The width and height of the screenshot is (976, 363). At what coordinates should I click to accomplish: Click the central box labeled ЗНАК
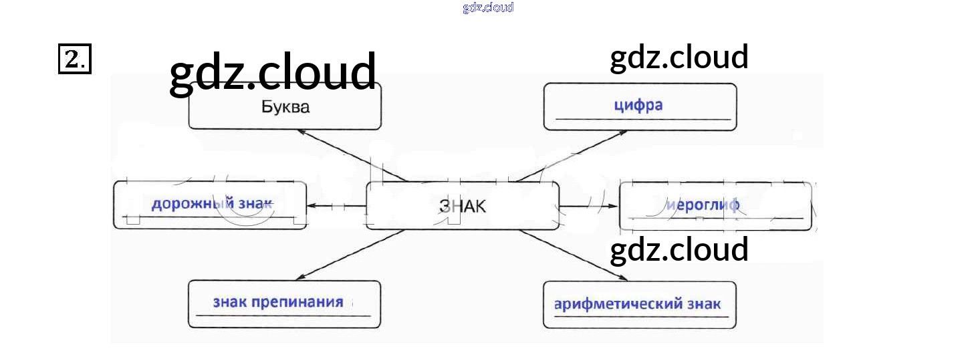tap(463, 206)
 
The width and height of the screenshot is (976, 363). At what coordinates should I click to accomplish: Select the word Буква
tap(285, 107)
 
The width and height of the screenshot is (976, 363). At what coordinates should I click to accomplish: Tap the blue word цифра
tap(638, 106)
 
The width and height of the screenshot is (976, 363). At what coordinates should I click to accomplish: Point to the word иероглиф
tap(703, 205)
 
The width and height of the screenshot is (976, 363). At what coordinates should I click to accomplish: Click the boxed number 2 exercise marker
tap(74, 59)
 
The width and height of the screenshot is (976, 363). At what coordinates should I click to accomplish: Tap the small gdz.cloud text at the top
tap(487, 7)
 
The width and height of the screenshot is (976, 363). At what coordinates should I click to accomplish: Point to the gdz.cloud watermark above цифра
tap(679, 57)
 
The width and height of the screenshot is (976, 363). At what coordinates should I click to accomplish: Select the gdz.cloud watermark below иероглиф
tap(679, 249)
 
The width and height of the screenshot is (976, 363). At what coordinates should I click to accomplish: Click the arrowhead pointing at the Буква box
tap(300, 131)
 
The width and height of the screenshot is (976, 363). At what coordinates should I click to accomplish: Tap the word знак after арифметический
tap(704, 304)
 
